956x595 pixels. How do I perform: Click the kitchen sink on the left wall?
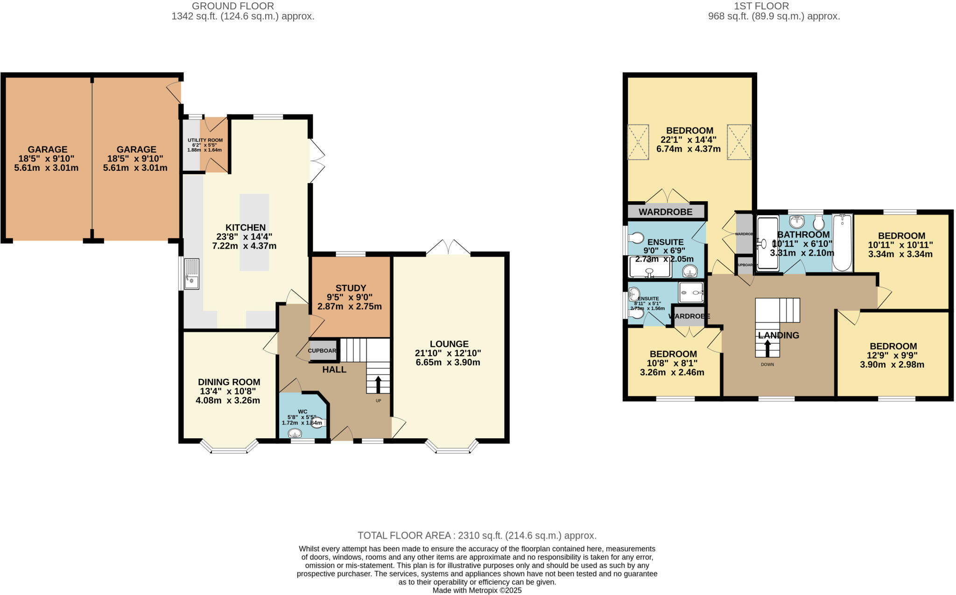coord(192,274)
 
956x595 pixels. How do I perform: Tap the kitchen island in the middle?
coord(254,232)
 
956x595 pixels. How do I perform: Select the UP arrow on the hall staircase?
coord(378,385)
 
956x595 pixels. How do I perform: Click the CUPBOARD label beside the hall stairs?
coord(322,351)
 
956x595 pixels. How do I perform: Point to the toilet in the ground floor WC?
coord(318,423)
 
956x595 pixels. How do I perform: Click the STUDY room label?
coord(351,288)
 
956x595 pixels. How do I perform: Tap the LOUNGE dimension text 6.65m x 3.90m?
coord(448,363)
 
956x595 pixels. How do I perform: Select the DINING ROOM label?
coord(229,382)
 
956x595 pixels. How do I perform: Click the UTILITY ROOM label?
coord(205,140)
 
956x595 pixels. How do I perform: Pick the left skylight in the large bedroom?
coord(638,142)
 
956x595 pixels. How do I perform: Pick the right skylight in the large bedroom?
coord(739,142)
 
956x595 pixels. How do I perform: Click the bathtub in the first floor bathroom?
coord(842,243)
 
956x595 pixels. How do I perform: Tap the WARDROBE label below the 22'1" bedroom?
coord(665,212)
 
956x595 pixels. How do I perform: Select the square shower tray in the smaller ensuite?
coord(691,293)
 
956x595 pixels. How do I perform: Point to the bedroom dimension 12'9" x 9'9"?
coord(893,356)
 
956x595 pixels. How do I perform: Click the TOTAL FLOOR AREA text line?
coord(477,536)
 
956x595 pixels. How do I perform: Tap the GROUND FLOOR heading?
coord(233,6)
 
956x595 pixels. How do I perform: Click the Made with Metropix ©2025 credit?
coord(477,590)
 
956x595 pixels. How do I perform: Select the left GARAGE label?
coord(47,149)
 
